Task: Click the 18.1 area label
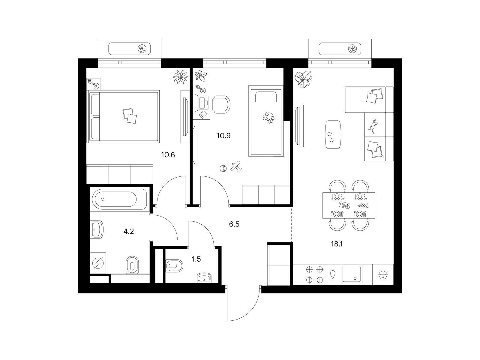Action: tap(337, 244)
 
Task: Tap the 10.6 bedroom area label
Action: tap(168, 155)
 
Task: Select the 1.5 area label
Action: tap(196, 259)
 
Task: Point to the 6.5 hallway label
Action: tap(234, 224)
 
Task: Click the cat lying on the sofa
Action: tap(374, 126)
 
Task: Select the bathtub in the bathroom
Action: tap(120, 199)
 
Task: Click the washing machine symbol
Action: tap(98, 263)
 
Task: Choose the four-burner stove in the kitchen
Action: tap(314, 275)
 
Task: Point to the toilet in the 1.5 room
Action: tap(174, 266)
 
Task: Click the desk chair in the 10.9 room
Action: tap(221, 104)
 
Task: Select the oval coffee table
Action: tap(333, 134)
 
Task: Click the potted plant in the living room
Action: tap(303, 79)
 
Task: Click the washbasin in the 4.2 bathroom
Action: tap(97, 229)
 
